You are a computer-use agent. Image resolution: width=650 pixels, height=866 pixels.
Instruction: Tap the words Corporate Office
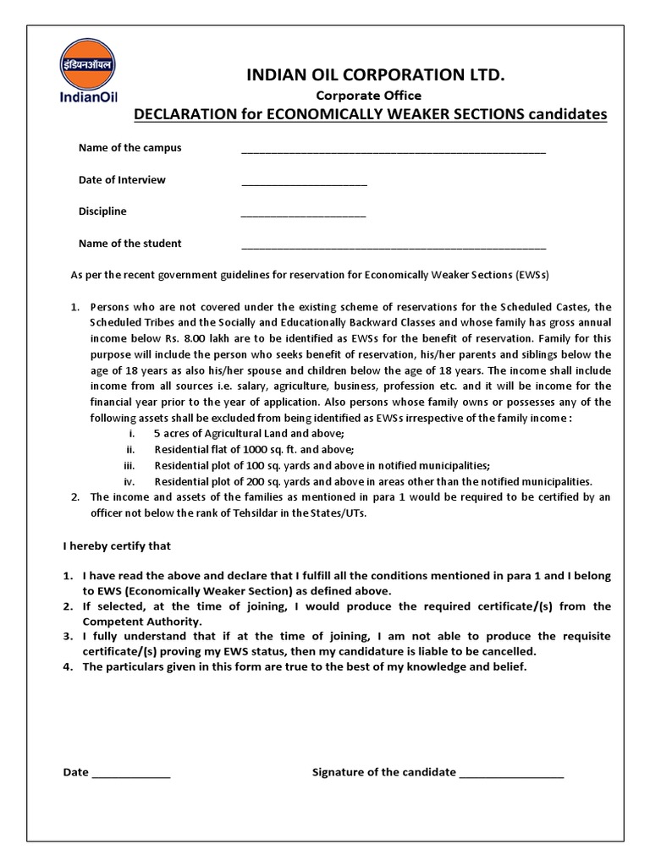[368, 96]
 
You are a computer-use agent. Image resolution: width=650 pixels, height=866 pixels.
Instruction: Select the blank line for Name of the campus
[394, 151]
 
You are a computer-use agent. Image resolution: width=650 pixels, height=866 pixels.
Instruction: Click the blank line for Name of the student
[394, 246]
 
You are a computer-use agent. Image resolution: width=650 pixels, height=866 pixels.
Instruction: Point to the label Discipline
[102, 211]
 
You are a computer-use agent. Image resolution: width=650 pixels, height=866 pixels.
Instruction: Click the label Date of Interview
[122, 179]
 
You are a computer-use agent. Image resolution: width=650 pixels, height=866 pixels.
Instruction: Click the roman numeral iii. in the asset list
[129, 465]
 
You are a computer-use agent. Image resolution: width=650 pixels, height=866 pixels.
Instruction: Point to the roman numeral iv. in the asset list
[129, 480]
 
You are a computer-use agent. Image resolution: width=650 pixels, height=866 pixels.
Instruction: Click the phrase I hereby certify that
[117, 546]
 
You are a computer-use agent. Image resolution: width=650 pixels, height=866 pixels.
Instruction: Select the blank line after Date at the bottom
[131, 775]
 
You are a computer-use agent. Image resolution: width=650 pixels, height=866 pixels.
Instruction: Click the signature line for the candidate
[511, 775]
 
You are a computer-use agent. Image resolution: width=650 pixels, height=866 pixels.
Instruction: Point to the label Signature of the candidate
[384, 772]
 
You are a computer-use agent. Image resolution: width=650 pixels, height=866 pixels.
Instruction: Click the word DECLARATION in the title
[185, 115]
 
